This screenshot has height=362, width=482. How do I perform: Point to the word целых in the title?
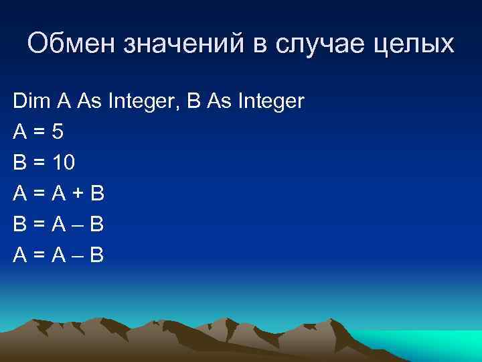(x=420, y=45)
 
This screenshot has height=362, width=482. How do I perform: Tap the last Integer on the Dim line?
(x=266, y=102)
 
